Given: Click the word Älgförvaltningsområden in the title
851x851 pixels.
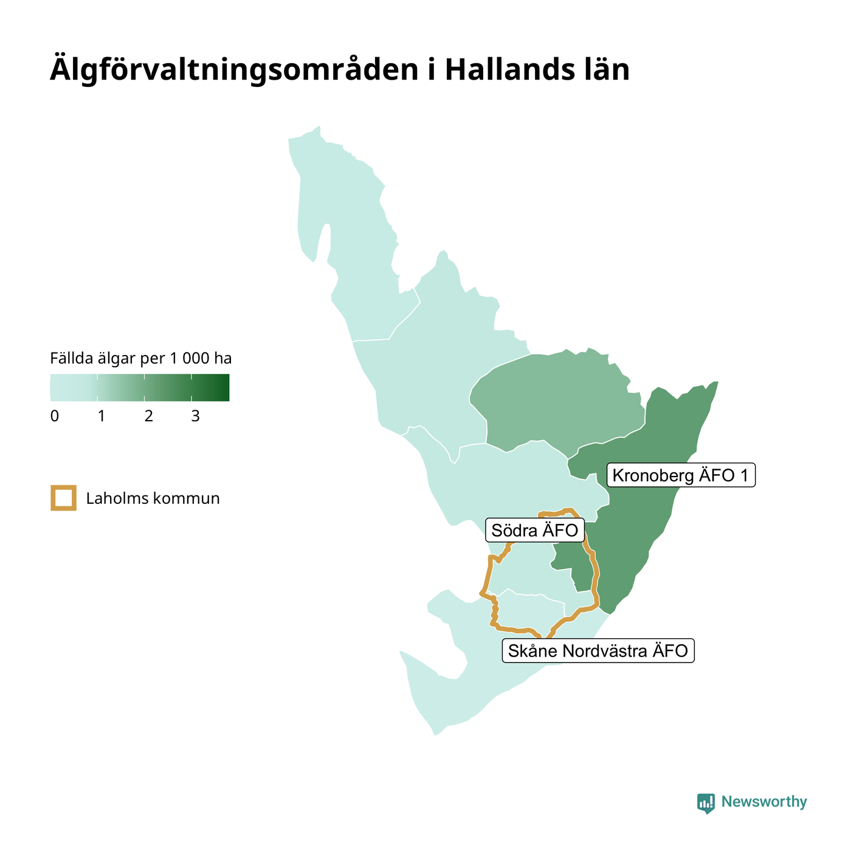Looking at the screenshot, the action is (x=234, y=69).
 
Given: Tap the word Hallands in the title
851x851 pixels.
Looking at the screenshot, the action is (x=510, y=69).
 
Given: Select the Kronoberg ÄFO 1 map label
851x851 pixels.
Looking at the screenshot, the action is (x=681, y=475).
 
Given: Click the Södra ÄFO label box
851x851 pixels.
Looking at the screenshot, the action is (x=535, y=530).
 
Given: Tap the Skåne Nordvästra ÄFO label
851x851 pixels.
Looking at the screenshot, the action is (x=598, y=650).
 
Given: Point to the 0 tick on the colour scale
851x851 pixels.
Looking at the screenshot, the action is (x=54, y=416).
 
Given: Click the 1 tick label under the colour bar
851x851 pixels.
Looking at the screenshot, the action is (x=102, y=416).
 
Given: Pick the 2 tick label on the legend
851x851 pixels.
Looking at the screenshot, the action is (x=148, y=416).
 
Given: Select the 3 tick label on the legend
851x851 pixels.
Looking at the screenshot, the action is (x=195, y=416).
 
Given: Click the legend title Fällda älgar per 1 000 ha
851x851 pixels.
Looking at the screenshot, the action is (x=140, y=358).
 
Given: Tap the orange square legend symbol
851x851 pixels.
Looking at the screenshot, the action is (x=64, y=498).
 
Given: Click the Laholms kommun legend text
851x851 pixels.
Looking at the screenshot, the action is (x=153, y=498).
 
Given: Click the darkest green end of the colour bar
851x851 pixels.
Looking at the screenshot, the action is (x=226, y=387).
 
